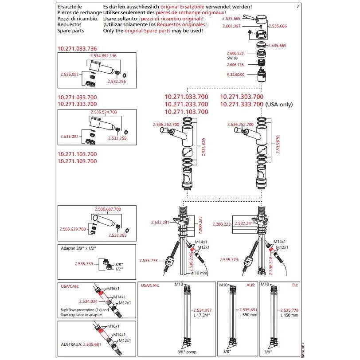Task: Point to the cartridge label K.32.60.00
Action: click(x=235, y=74)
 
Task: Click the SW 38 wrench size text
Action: click(x=233, y=58)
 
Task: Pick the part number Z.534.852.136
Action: click(x=103, y=56)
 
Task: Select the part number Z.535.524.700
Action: click(x=104, y=112)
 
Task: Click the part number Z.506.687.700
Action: click(x=108, y=209)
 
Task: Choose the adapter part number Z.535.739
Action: click(x=84, y=264)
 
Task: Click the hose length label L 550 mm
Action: click(x=248, y=315)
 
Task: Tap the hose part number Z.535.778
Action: click(x=289, y=310)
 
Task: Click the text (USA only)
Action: click(x=279, y=104)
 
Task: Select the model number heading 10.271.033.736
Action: click(x=77, y=48)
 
